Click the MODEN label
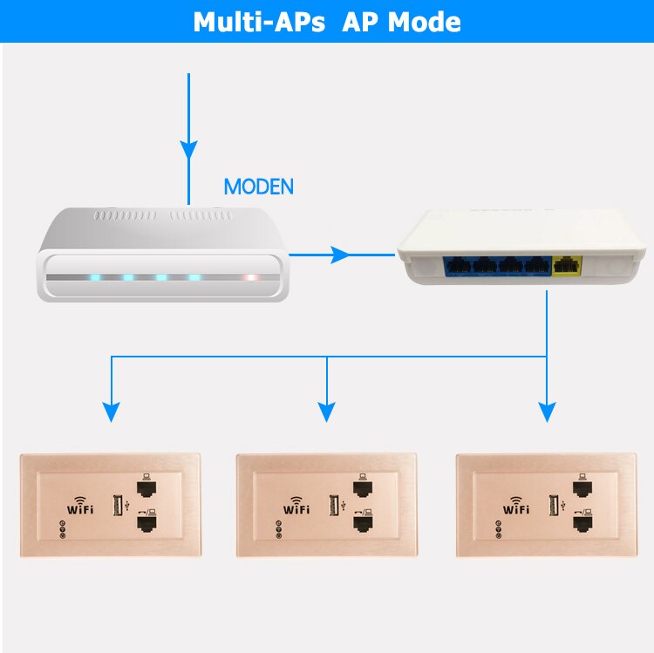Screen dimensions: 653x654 click(259, 187)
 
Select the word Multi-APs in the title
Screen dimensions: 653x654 click(258, 22)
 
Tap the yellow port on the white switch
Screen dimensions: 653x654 click(569, 263)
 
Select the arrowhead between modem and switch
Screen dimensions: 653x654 click(341, 255)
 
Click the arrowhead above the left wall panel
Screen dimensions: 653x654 click(111, 412)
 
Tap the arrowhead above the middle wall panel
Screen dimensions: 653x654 click(327, 412)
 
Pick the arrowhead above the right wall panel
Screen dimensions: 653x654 click(547, 412)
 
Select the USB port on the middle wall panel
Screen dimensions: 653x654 click(331, 505)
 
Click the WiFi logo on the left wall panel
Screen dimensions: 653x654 click(79, 507)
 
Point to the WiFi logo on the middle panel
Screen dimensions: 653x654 click(296, 507)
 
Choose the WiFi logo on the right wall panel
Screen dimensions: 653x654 click(516, 507)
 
